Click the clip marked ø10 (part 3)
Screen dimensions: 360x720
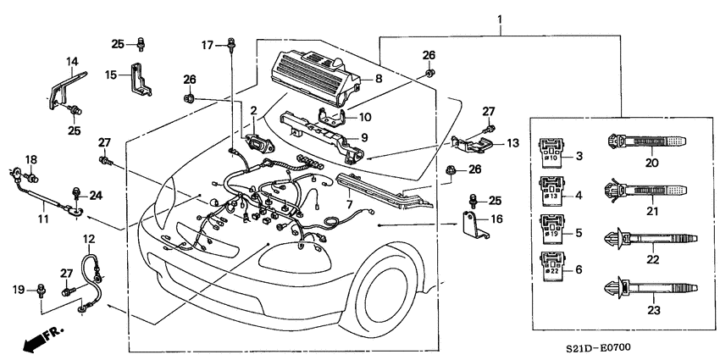click(x=550, y=152)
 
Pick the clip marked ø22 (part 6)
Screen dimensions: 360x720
click(x=550, y=266)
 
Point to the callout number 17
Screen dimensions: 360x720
click(x=207, y=43)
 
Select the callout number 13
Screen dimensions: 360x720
click(x=511, y=143)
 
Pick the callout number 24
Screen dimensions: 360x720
click(x=96, y=195)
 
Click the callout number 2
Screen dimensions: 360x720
click(x=252, y=110)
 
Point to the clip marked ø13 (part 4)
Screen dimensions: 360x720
click(x=550, y=191)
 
